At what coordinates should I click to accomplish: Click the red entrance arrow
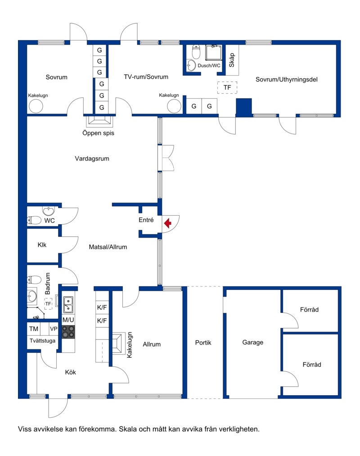(167, 223)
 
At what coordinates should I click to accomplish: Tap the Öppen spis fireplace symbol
(99, 122)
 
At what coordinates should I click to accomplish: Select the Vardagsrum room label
(92, 158)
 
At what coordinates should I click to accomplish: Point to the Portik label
(203, 343)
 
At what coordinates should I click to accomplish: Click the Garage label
(253, 343)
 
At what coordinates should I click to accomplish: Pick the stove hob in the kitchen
(68, 331)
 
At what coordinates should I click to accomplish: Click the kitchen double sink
(68, 304)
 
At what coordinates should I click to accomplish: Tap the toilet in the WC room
(34, 220)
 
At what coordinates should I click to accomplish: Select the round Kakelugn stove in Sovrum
(36, 106)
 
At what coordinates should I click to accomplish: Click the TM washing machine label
(34, 329)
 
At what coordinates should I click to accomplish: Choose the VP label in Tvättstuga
(54, 329)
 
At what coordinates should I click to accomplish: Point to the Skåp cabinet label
(232, 60)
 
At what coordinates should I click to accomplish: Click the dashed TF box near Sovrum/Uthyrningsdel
(227, 87)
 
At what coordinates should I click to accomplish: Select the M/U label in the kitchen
(68, 320)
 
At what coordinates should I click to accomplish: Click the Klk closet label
(42, 245)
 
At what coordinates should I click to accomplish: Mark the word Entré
(146, 220)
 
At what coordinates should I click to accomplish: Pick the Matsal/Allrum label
(108, 247)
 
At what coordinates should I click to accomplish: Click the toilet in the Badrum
(34, 280)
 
